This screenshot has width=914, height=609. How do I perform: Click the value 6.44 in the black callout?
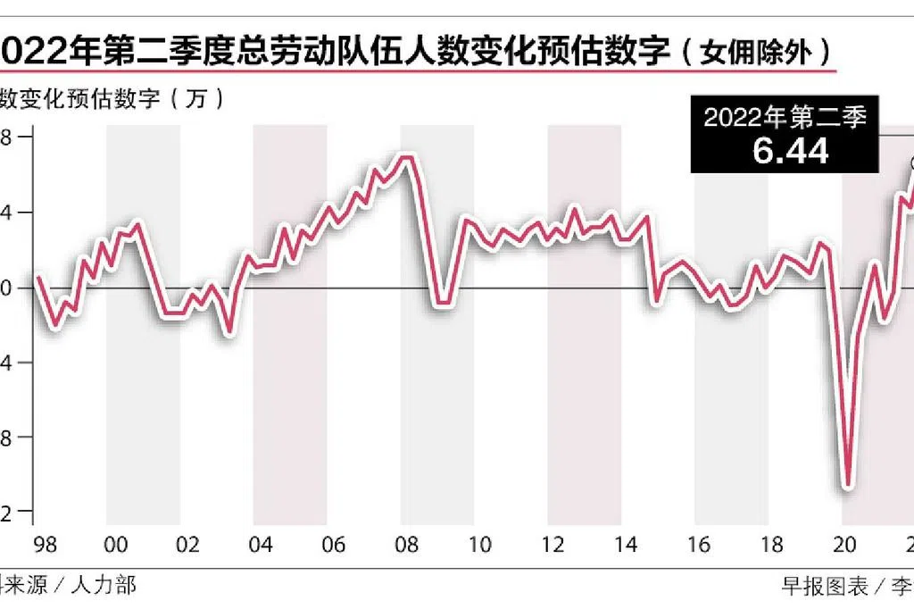(791, 150)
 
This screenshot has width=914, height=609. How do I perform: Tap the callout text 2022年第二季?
(791, 117)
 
